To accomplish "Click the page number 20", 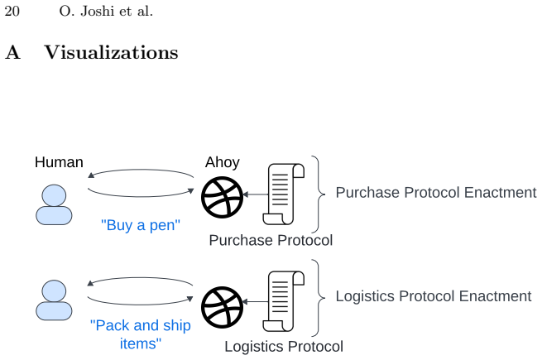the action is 12,11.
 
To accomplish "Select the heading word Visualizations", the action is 111,53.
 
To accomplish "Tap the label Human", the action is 59,162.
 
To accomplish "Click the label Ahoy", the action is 223,162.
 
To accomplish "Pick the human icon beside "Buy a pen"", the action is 54,204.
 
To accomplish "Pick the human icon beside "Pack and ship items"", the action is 54,300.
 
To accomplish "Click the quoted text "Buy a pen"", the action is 141,225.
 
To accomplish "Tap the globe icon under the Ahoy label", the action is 223,198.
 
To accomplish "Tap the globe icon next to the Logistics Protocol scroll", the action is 223,307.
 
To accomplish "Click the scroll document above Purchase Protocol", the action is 284,194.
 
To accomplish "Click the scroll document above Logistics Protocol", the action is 284,301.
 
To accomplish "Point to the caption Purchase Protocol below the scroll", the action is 271,240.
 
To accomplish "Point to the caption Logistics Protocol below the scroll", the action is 284,347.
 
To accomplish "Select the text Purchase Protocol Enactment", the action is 436,193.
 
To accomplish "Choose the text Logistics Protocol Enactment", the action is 434,296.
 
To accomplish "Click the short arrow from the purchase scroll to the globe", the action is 256,194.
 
